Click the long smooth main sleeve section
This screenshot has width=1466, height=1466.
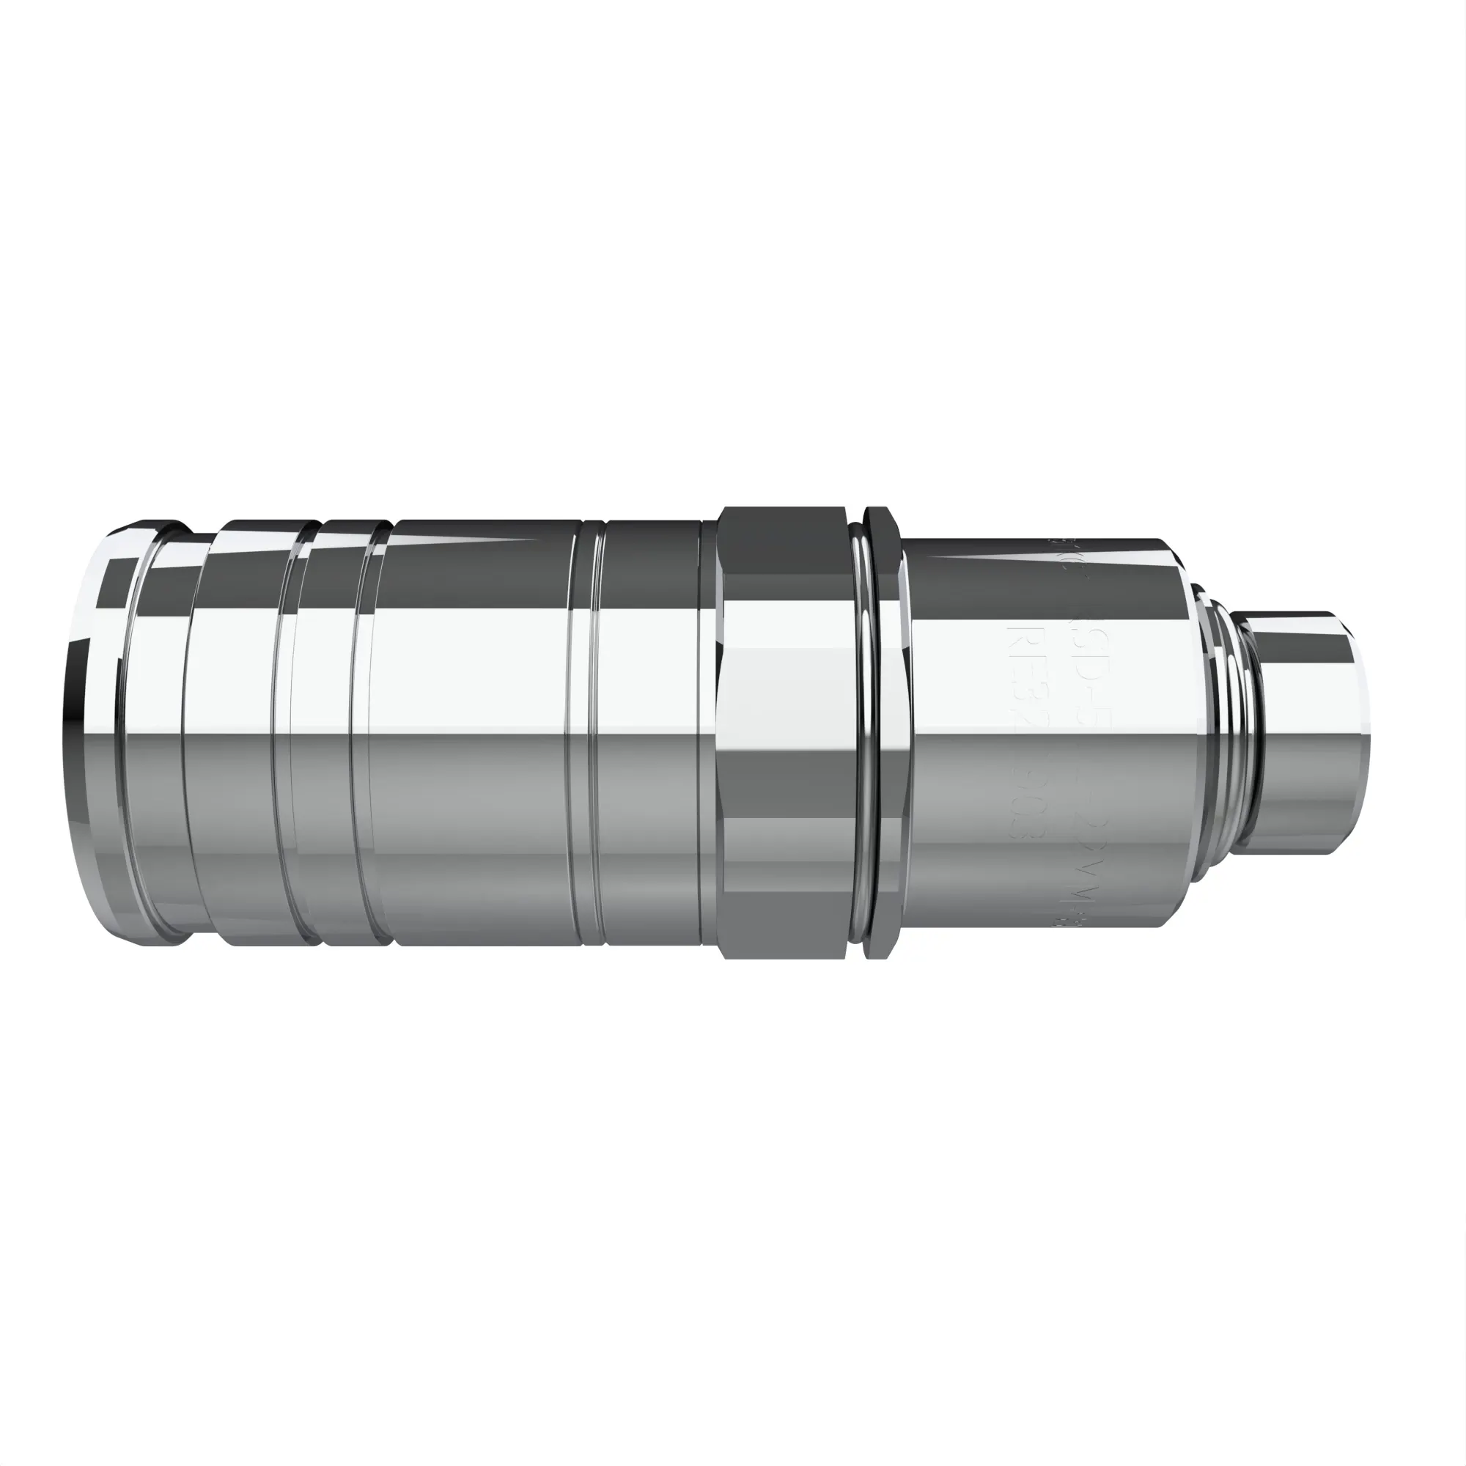coord(478,733)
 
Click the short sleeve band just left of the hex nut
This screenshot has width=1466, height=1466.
coord(652,733)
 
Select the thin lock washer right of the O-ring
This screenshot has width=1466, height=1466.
coord(883,733)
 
